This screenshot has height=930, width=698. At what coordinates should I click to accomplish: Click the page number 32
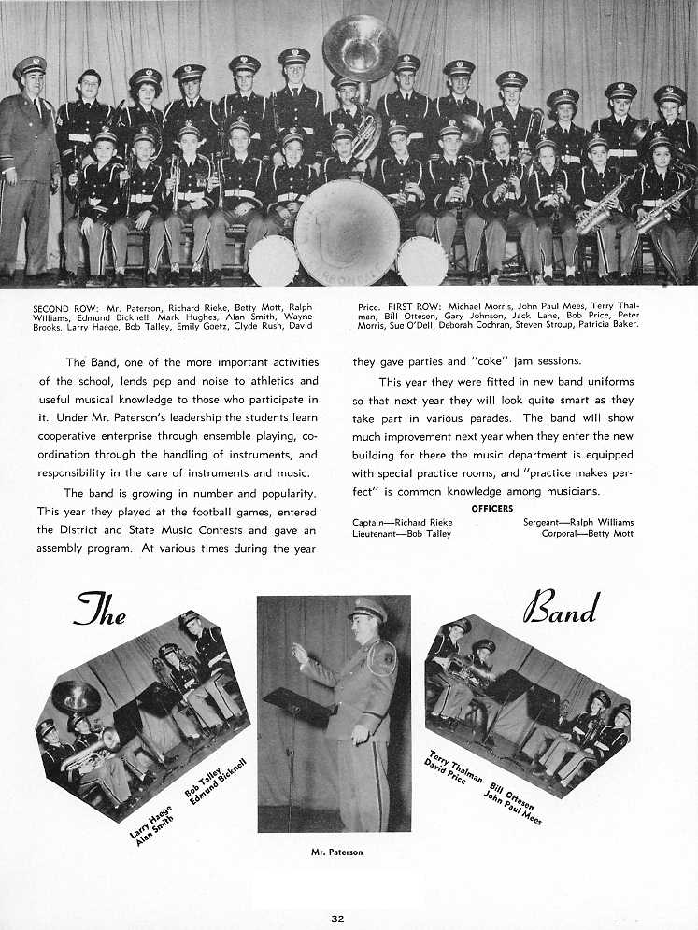click(x=337, y=919)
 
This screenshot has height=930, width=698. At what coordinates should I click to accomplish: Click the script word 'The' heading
click(x=100, y=612)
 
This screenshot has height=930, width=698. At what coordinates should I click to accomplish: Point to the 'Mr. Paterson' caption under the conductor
click(x=336, y=852)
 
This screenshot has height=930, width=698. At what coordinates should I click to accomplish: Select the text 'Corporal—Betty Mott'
click(x=587, y=533)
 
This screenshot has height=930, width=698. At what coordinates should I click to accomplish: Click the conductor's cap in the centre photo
click(x=368, y=609)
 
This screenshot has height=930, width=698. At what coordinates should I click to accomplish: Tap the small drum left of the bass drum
click(x=273, y=260)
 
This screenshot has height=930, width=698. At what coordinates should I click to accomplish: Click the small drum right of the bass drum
click(x=421, y=261)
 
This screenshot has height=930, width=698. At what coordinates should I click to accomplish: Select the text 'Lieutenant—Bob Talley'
click(x=401, y=533)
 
